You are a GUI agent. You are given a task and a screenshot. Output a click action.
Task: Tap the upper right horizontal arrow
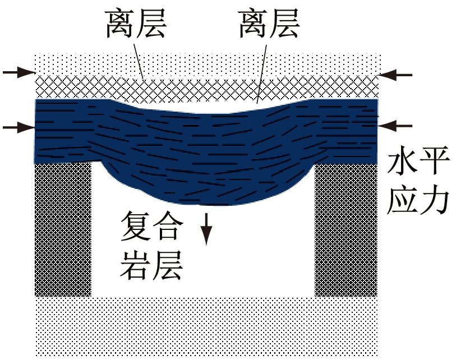[x=396, y=74]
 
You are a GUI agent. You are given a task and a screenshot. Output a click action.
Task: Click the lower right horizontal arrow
[x=396, y=124]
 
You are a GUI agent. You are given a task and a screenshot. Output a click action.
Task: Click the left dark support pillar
[x=63, y=230]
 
